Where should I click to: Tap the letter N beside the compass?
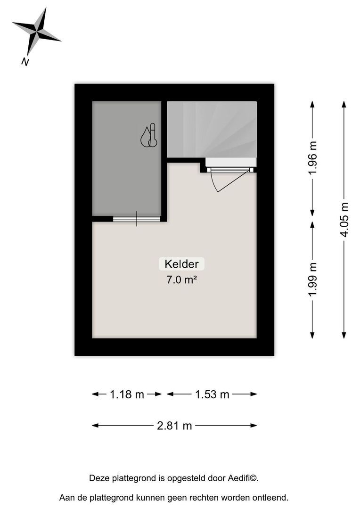pos(25,61)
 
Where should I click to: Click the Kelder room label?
pos(181,264)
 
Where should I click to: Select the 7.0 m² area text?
pos(181,280)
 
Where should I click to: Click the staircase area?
pos(212,128)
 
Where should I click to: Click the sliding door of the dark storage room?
pos(137,218)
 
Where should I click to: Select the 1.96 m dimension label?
pos(312,157)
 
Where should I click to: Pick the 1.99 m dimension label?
pos(312,280)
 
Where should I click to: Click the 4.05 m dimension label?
pos(345,220)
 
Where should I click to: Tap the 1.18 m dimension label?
pos(127,394)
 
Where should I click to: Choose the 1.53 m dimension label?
pos(212,394)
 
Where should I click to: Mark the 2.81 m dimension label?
pos(174,426)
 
